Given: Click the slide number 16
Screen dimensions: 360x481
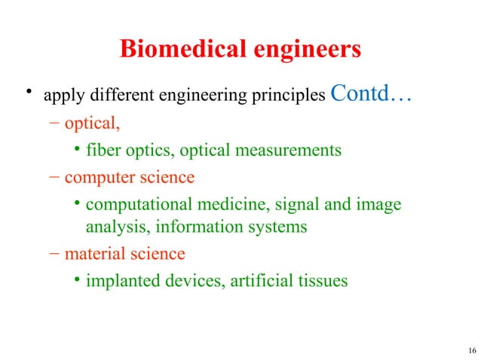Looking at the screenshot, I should coord(472,350).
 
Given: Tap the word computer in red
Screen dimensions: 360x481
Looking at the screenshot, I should coord(97,178).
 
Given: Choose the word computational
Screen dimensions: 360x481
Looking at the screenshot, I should coord(137,205).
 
